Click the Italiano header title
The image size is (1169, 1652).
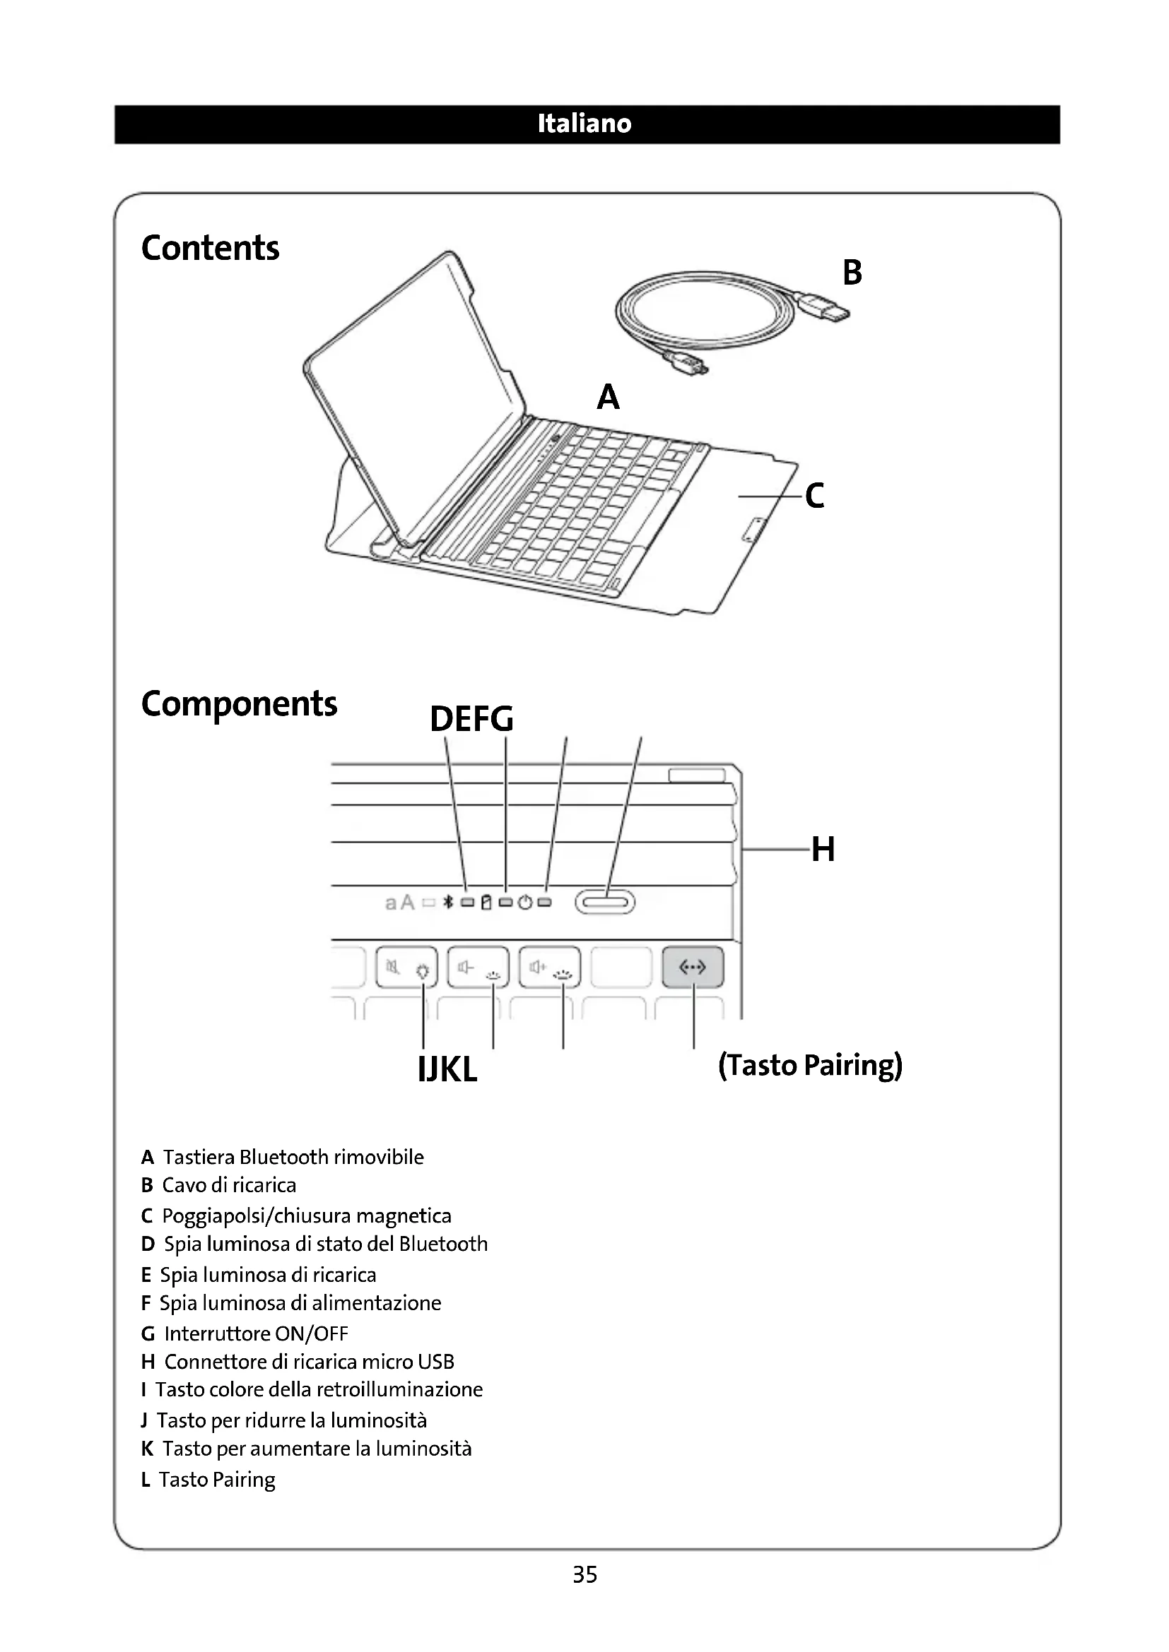[584, 124]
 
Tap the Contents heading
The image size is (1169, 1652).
[210, 248]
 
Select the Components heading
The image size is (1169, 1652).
[239, 703]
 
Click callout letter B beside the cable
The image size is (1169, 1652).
[852, 273]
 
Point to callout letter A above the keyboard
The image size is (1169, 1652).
[609, 396]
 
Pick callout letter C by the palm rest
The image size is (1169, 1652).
[815, 496]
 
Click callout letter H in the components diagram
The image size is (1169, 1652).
[823, 849]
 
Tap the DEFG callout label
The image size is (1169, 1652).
[471, 719]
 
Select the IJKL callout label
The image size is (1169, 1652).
[447, 1070]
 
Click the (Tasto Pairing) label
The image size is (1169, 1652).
[810, 1065]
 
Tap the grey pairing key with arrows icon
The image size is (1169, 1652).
[693, 968]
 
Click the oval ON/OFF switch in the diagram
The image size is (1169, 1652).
[605, 902]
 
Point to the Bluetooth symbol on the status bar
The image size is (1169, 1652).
[447, 902]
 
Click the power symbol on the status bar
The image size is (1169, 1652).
[524, 902]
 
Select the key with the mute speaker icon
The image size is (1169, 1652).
[406, 968]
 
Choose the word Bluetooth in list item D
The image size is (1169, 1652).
[443, 1244]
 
